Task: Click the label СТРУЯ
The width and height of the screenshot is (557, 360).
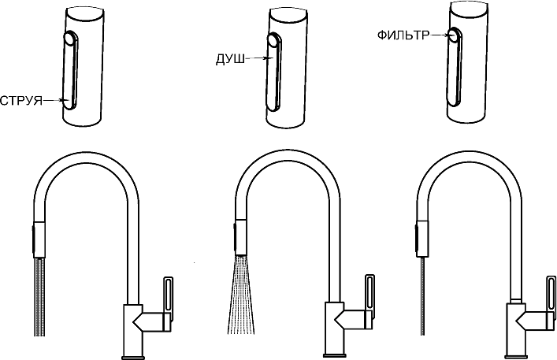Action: [x=21, y=101]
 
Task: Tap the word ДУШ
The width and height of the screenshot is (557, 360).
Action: [x=230, y=59]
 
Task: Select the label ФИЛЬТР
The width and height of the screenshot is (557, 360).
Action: [x=403, y=35]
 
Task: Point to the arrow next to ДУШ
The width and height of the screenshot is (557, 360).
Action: [x=256, y=58]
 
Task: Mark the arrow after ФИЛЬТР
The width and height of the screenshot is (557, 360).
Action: [x=439, y=35]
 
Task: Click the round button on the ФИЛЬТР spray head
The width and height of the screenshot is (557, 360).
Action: [x=453, y=35]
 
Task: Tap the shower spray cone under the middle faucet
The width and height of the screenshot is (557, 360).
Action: [x=240, y=295]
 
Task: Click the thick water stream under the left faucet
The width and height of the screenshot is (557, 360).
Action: [x=39, y=297]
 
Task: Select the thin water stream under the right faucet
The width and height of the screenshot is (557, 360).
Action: [x=422, y=295]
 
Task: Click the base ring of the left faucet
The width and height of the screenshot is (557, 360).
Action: [x=133, y=357]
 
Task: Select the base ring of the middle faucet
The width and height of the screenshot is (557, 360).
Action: [x=334, y=355]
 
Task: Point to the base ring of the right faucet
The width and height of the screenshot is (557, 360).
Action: [x=515, y=356]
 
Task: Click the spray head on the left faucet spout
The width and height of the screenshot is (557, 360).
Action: [x=39, y=240]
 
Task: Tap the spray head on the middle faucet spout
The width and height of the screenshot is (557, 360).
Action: [x=240, y=237]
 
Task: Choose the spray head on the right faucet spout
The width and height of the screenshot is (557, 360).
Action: [x=421, y=238]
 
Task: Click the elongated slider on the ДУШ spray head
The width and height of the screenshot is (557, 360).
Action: [x=274, y=70]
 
